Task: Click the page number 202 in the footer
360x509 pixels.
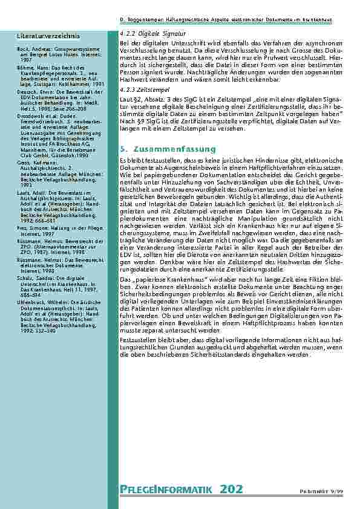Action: coord(232,490)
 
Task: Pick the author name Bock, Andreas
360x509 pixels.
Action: coord(31,48)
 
